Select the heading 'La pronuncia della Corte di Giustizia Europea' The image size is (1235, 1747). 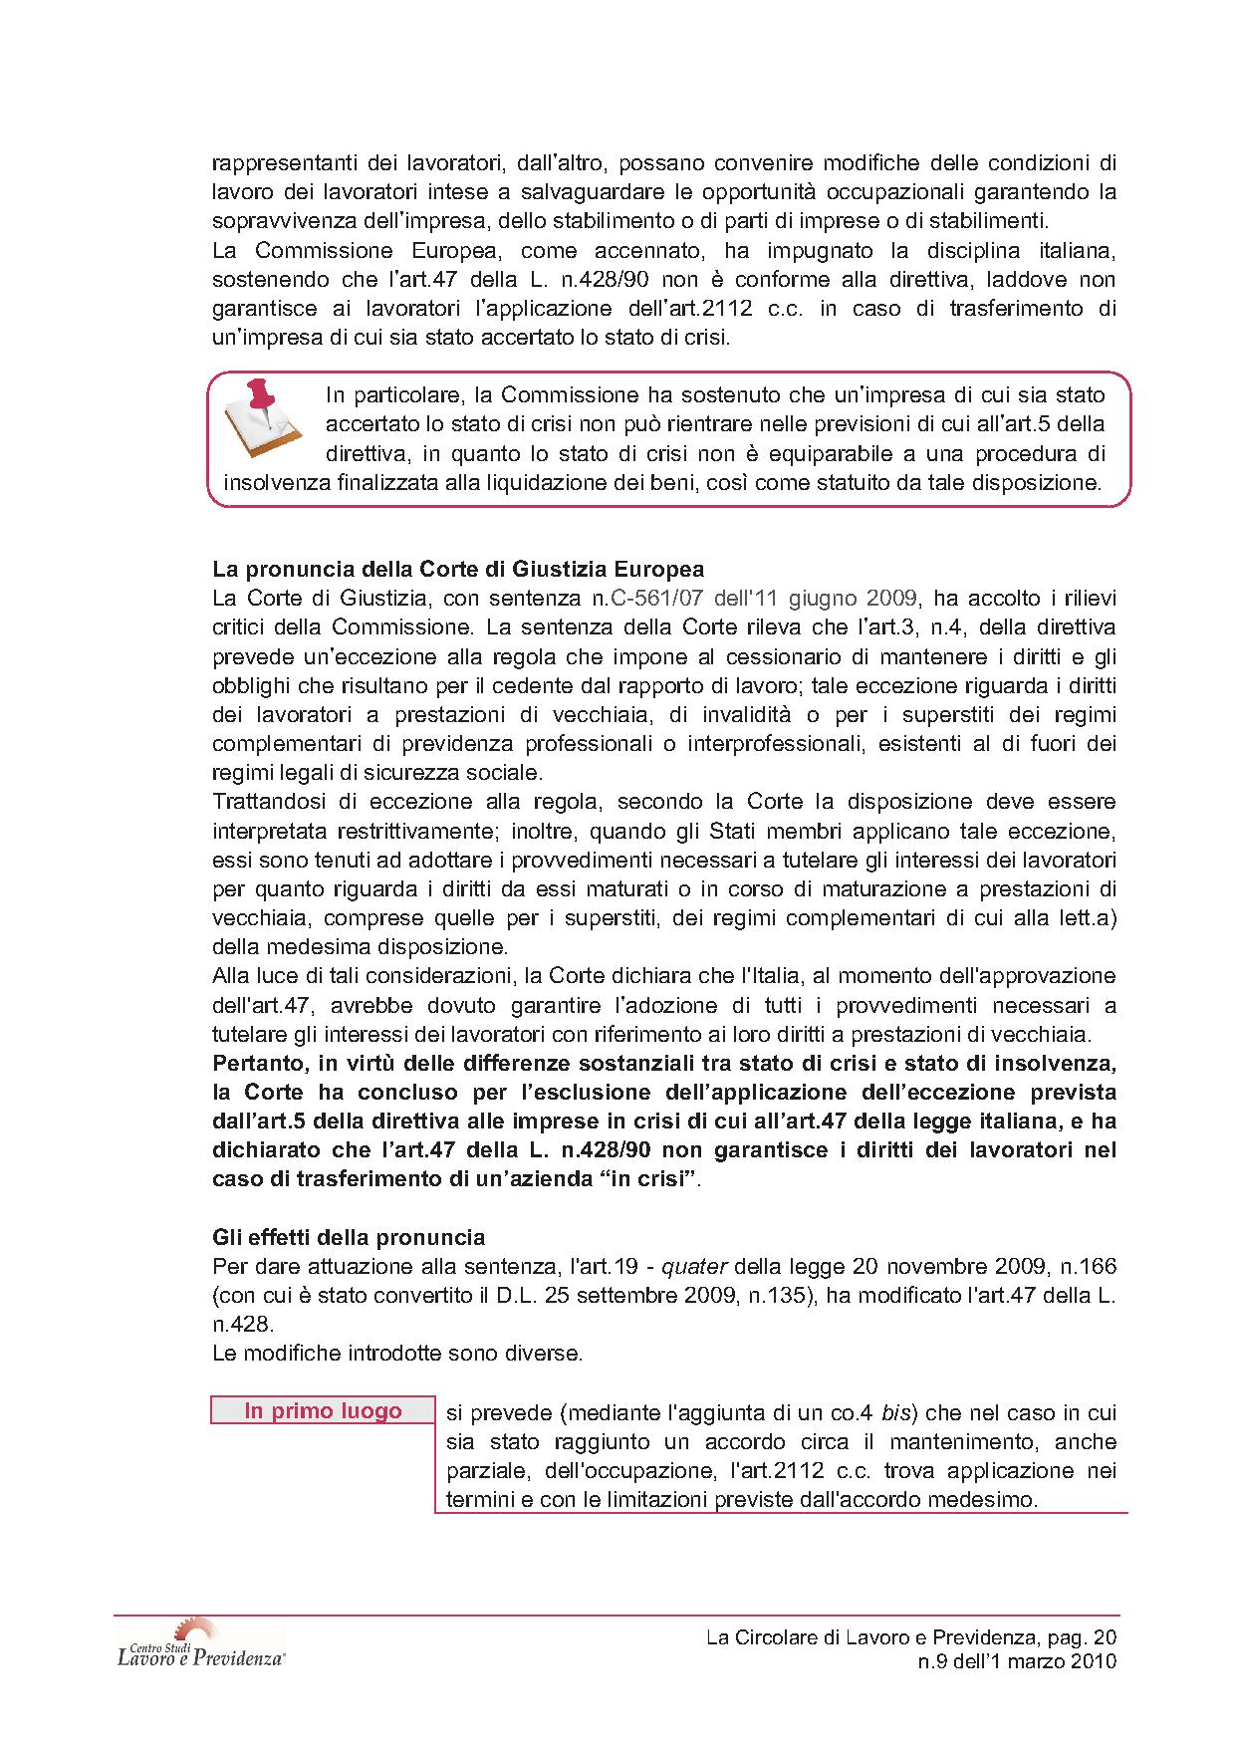(458, 570)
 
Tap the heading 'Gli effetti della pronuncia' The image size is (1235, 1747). (349, 1237)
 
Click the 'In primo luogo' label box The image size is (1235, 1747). (323, 1411)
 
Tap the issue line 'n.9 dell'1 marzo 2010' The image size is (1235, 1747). (1017, 1662)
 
